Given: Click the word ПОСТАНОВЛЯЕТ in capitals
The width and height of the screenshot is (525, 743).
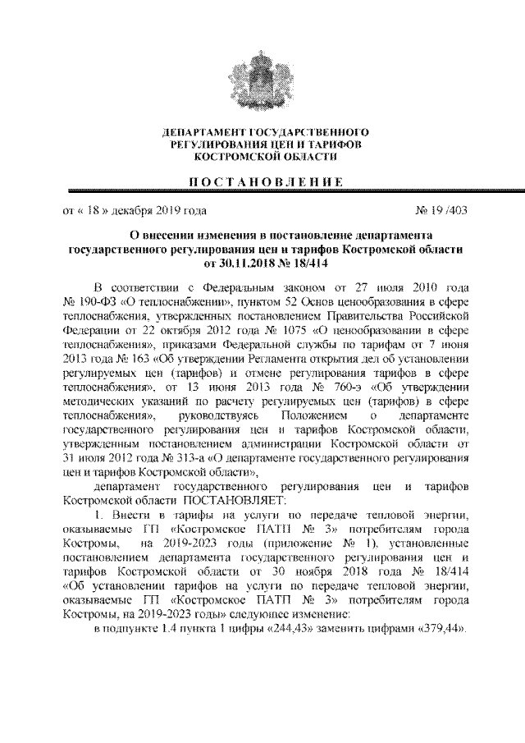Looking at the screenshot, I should tap(233, 496).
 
